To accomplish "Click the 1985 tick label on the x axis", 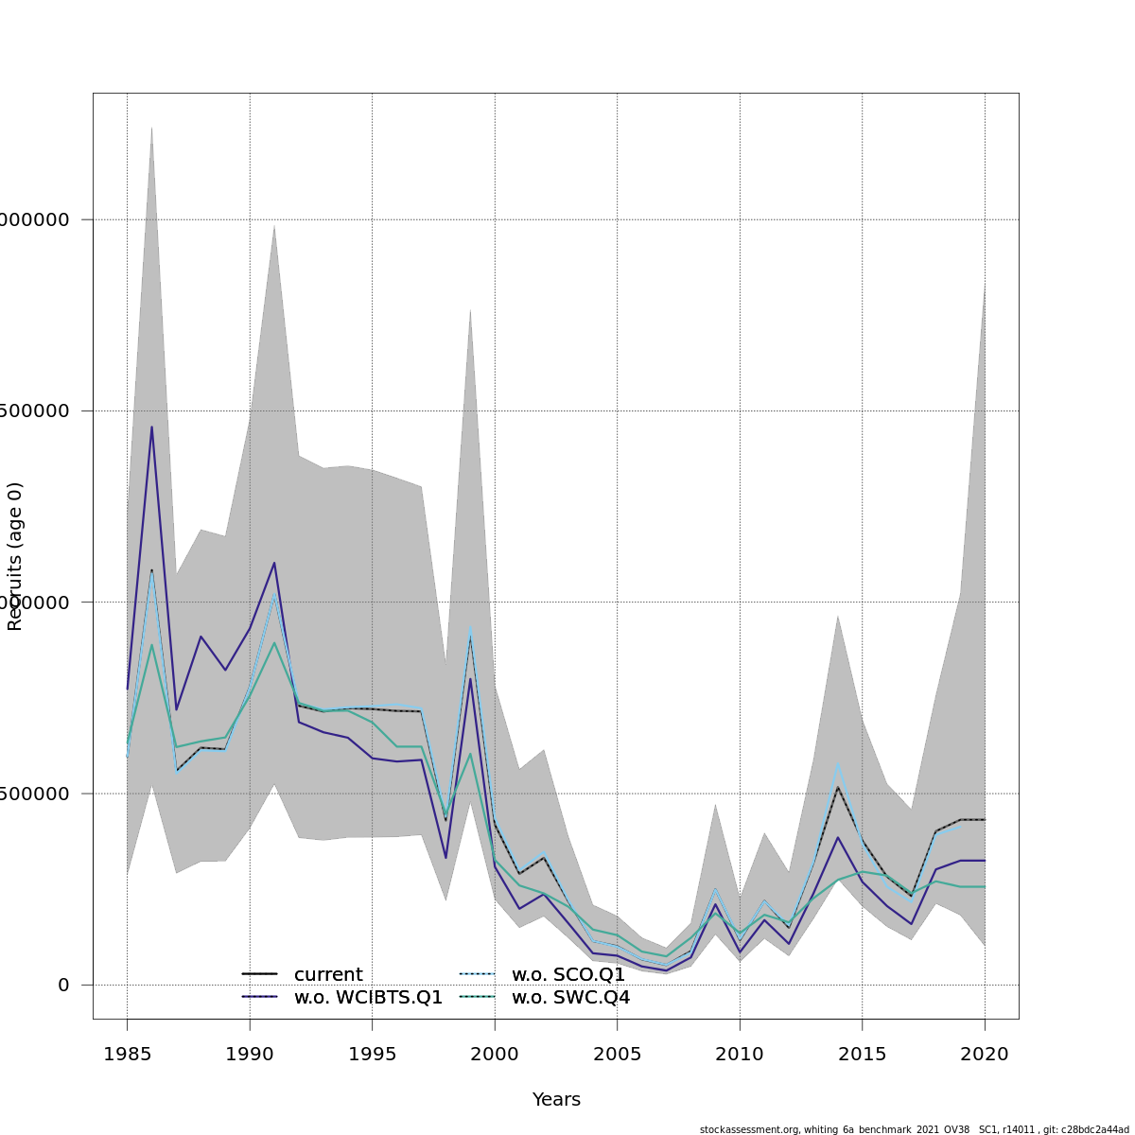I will pos(127,1054).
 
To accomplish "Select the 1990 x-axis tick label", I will pos(250,1054).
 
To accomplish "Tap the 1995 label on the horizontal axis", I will pos(372,1054).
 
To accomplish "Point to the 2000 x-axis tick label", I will pos(495,1054).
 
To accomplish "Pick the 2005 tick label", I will pos(617,1054).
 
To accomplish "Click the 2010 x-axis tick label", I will pos(740,1054).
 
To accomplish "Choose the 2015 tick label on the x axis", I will pos(862,1054).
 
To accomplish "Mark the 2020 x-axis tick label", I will pos(985,1054).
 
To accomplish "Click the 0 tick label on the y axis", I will pos(63,985).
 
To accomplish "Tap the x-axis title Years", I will pos(556,1100).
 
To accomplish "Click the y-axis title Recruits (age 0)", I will pos(15,556).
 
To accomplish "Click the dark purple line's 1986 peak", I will pos(151,427).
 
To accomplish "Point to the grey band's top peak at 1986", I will pos(151,127).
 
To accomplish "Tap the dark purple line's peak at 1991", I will pos(274,563).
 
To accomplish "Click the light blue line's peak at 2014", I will pos(837,763).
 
